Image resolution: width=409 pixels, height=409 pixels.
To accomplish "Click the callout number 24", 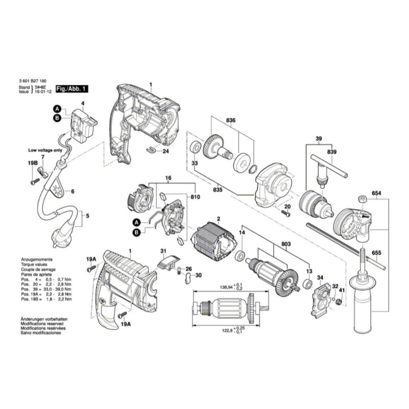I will [166, 151].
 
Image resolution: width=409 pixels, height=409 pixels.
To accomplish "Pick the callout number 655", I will [376, 253].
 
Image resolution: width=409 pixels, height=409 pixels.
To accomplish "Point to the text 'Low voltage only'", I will [45, 150].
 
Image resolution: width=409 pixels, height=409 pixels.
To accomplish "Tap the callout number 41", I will [342, 290].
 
